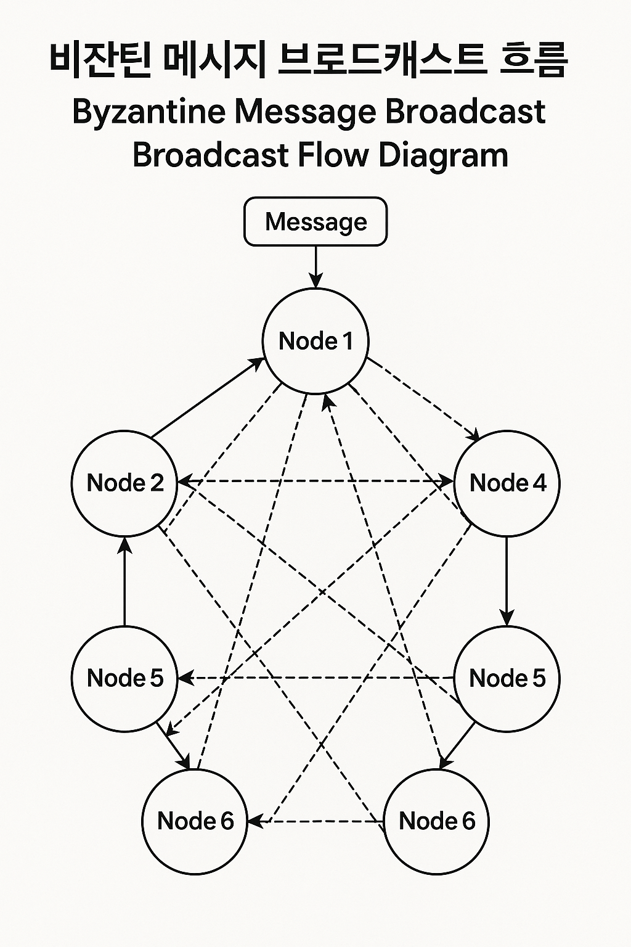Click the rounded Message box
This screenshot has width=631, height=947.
tap(315, 221)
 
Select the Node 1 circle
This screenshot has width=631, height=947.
tap(315, 341)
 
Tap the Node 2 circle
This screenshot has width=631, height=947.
tap(125, 483)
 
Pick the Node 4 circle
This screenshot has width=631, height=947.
tap(507, 483)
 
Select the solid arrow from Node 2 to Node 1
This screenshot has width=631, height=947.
tap(207, 398)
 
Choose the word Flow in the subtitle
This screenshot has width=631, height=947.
tap(333, 154)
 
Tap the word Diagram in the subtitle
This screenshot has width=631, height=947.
tap(443, 155)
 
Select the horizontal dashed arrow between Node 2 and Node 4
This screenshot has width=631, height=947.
tap(315, 482)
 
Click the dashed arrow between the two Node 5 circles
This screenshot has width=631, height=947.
tap(315, 678)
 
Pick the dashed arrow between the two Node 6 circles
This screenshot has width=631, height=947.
tap(315, 821)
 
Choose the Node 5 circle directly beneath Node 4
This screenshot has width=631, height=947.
tap(507, 678)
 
